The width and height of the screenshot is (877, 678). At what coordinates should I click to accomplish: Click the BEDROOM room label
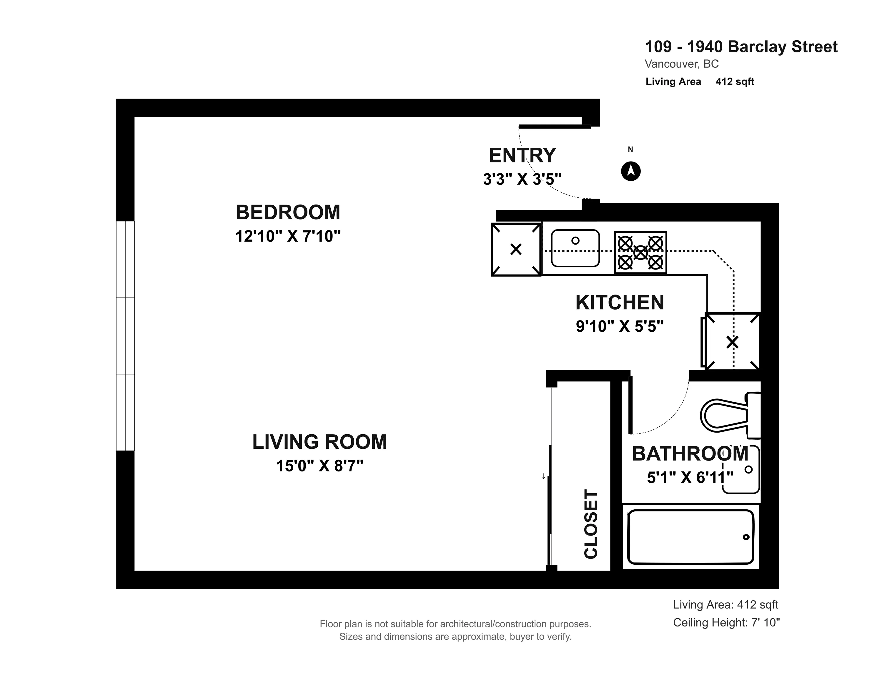coord(288,212)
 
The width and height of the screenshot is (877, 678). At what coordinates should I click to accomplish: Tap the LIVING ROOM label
coord(319,442)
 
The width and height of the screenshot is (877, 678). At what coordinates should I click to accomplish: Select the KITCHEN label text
coord(620,303)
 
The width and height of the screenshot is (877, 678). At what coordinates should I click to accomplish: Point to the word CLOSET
coord(591,524)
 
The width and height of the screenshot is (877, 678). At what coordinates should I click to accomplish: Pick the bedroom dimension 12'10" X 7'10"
coord(288,236)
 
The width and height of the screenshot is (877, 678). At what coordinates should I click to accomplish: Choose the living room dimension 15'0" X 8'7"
coord(319,466)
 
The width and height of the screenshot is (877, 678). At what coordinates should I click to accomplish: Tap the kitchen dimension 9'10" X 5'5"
coord(620,326)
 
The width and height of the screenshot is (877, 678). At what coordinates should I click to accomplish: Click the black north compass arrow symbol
coord(631,171)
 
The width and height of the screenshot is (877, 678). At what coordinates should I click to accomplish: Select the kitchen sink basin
coord(575,248)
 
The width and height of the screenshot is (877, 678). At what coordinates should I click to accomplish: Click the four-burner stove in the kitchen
coord(640,253)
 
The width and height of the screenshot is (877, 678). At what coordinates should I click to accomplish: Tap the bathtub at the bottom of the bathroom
coord(691,537)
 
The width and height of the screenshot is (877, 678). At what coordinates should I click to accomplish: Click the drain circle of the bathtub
coord(746,537)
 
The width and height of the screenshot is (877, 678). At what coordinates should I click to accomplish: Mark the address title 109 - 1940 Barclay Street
coord(741,47)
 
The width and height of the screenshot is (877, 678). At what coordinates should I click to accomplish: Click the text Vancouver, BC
coord(681,64)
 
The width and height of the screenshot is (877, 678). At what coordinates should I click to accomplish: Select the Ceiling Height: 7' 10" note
coord(726,623)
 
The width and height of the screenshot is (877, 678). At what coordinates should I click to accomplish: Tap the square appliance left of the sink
coord(516,250)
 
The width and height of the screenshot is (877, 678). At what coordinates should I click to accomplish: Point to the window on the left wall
coord(125,336)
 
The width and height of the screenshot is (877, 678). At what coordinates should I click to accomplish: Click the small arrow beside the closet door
coord(543,476)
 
